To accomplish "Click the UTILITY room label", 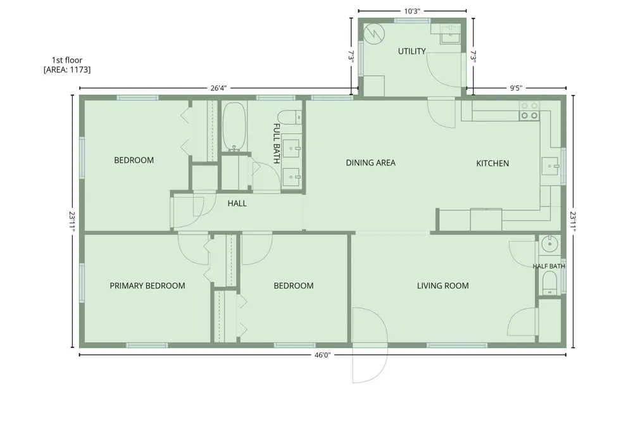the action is (x=412, y=51).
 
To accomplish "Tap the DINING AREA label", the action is (x=370, y=163).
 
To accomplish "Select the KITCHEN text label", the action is (x=492, y=163).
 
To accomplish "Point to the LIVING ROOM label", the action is (x=443, y=286).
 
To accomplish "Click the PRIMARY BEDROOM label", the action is (x=147, y=286).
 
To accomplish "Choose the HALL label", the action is (x=237, y=204).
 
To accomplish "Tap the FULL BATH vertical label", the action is (x=277, y=143).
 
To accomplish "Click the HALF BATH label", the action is (x=549, y=266).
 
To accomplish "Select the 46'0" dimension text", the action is (x=323, y=355).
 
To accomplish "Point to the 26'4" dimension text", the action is (x=218, y=88).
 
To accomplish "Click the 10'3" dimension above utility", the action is (x=412, y=11).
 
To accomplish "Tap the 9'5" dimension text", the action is (x=516, y=88).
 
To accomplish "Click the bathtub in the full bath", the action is (x=234, y=127).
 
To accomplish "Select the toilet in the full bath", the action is (x=290, y=118).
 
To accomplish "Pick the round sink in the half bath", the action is (x=549, y=244).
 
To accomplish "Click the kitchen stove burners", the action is (x=529, y=111).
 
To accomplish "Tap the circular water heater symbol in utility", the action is (x=374, y=34).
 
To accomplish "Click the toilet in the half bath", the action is (x=549, y=283).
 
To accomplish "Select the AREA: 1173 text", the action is (x=67, y=70).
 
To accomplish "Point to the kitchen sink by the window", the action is (x=550, y=166).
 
